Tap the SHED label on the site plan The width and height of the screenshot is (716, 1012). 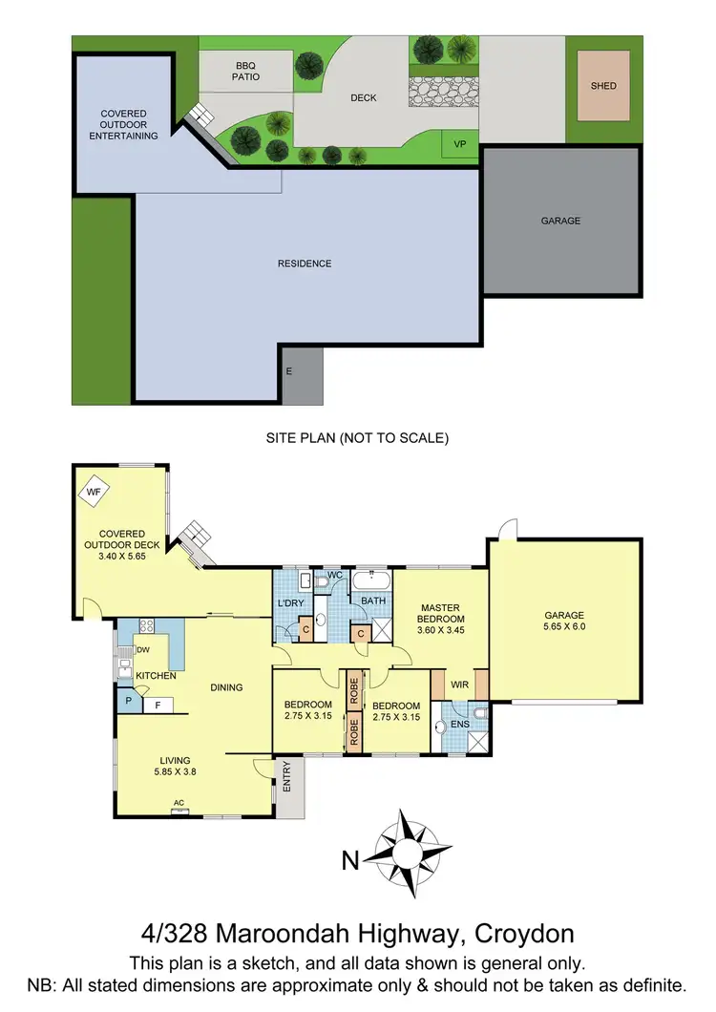click(603, 86)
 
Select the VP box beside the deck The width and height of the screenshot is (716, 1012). click(459, 144)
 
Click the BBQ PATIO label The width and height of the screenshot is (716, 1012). click(234, 72)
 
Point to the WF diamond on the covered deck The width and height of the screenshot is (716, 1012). click(93, 493)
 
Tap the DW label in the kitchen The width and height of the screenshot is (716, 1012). click(143, 650)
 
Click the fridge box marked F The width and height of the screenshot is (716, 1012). click(158, 706)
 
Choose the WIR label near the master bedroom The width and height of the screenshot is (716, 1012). click(459, 685)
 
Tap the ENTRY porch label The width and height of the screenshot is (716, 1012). click(287, 784)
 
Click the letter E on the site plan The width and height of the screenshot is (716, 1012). click(288, 370)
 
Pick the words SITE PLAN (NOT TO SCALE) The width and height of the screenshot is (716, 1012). click(357, 438)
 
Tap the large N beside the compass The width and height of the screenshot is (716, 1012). click(350, 861)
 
